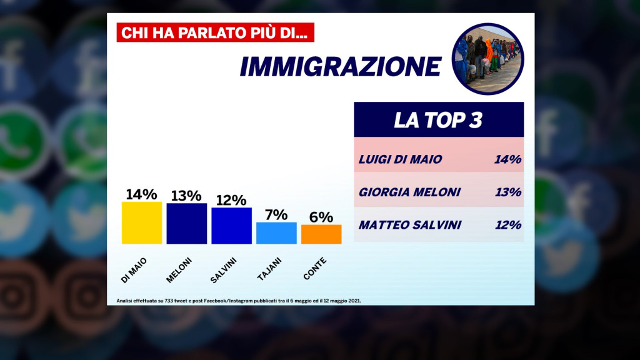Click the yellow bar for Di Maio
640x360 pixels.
pyautogui.click(x=142, y=222)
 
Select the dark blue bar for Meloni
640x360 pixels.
pyautogui.click(x=186, y=223)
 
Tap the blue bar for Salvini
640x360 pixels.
pyautogui.click(x=231, y=225)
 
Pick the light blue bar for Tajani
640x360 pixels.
pyautogui.click(x=276, y=232)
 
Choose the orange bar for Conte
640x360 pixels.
pyautogui.click(x=321, y=234)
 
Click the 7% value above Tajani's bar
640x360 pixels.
pyautogui.click(x=276, y=214)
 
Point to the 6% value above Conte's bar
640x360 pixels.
pyautogui.click(x=321, y=217)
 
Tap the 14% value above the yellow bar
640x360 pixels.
pyautogui.click(x=142, y=194)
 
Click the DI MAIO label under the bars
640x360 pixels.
pyautogui.click(x=134, y=269)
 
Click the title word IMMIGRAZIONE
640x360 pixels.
pyautogui.click(x=341, y=67)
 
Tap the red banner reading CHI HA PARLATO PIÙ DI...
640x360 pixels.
pyautogui.click(x=215, y=32)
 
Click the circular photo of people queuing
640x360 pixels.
pyautogui.click(x=487, y=59)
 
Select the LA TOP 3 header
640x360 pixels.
pyautogui.click(x=438, y=120)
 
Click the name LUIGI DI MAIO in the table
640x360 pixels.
pyautogui.click(x=401, y=159)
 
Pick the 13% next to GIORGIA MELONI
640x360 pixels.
pyautogui.click(x=507, y=192)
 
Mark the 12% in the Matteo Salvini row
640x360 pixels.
pyautogui.click(x=507, y=225)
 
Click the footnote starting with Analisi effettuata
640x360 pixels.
pyautogui.click(x=239, y=301)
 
